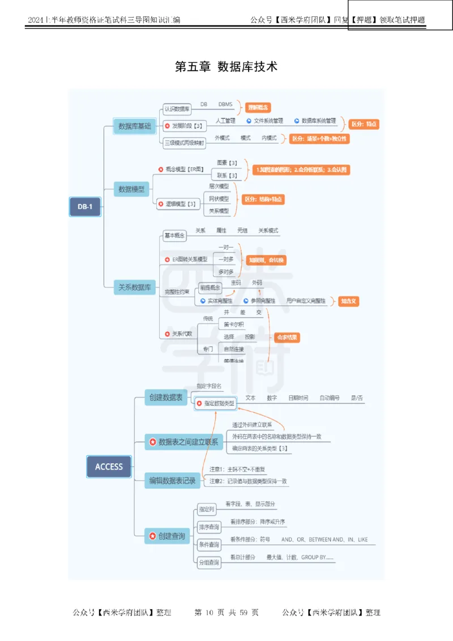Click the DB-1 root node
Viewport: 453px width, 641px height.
(x=84, y=207)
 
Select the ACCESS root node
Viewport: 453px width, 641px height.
(x=109, y=467)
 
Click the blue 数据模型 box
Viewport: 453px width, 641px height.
(x=131, y=189)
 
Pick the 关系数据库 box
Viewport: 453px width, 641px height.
(x=134, y=288)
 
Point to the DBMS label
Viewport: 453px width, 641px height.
(x=225, y=105)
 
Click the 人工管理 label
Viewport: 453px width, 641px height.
(x=225, y=121)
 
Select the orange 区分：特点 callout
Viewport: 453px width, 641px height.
(x=363, y=124)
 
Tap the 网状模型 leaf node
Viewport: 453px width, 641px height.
(x=219, y=199)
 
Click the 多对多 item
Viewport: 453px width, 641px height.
(x=226, y=272)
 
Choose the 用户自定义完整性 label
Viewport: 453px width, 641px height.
(x=306, y=301)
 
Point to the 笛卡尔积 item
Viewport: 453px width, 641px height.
(x=234, y=324)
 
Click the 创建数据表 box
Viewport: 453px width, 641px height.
(x=165, y=398)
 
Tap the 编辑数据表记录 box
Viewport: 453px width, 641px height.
(x=172, y=481)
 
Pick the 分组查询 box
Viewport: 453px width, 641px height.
(x=208, y=562)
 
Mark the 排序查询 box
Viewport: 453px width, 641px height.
(x=208, y=527)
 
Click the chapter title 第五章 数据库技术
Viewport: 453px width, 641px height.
(x=226, y=67)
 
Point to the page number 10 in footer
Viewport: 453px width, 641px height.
(x=208, y=612)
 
